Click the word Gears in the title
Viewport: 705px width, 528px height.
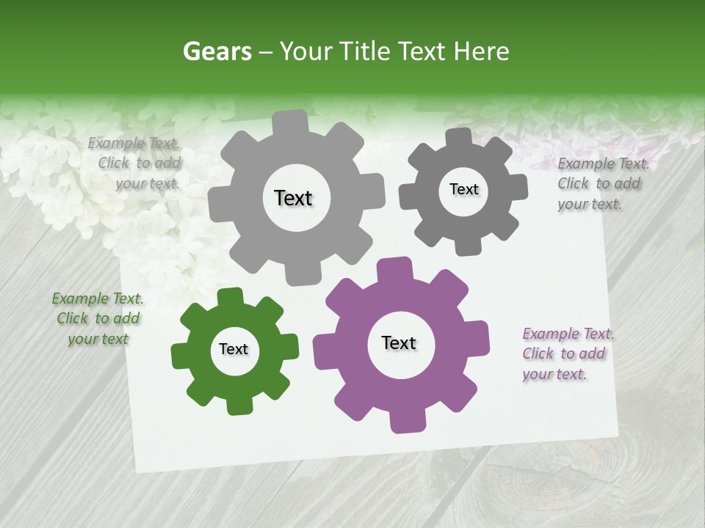point(217,51)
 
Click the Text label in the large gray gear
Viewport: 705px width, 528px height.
point(293,198)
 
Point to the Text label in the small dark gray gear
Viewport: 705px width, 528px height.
point(463,189)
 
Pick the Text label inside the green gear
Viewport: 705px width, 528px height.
point(234,349)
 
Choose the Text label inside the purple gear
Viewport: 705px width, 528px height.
point(399,342)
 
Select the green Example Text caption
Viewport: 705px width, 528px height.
point(98,318)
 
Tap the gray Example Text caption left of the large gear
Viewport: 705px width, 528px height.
point(137,163)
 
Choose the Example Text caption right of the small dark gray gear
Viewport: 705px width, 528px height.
point(601,183)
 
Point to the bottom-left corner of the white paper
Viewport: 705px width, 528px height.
point(137,468)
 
